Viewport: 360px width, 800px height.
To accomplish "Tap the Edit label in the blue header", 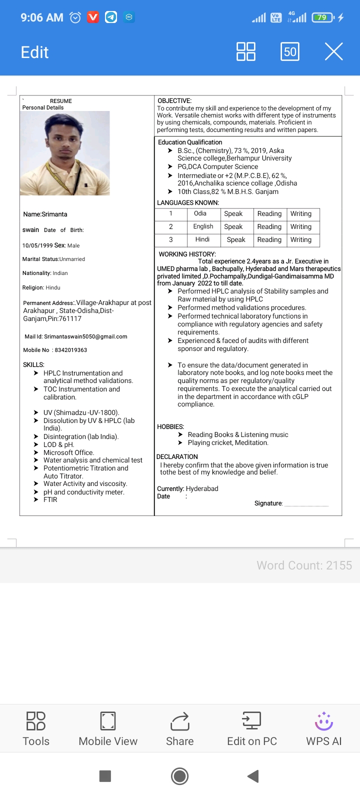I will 34,52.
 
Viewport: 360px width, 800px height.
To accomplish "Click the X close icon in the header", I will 333,51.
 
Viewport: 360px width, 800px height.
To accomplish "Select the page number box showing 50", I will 290,51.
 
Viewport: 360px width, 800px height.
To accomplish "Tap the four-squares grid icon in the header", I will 246,51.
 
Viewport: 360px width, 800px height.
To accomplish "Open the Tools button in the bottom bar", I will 36,728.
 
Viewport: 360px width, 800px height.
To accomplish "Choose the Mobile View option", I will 108,728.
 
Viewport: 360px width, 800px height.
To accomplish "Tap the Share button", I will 179,728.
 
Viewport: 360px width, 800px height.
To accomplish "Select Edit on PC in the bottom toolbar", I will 252,728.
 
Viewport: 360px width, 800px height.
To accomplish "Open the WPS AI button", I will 323,728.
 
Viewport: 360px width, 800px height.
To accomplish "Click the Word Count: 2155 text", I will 304,565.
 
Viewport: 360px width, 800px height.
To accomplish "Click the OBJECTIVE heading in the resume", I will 174,100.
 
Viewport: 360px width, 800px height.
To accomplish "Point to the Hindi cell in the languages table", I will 202,239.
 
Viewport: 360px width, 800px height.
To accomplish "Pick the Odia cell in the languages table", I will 200,213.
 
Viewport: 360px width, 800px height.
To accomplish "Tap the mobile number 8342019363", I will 70,350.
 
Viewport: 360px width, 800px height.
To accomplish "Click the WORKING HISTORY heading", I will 187,254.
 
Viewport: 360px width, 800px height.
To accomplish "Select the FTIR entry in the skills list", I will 50,499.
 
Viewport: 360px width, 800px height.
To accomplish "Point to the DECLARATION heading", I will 177,456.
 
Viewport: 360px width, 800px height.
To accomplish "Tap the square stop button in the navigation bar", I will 105,776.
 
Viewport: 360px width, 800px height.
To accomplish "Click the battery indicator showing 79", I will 322,17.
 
